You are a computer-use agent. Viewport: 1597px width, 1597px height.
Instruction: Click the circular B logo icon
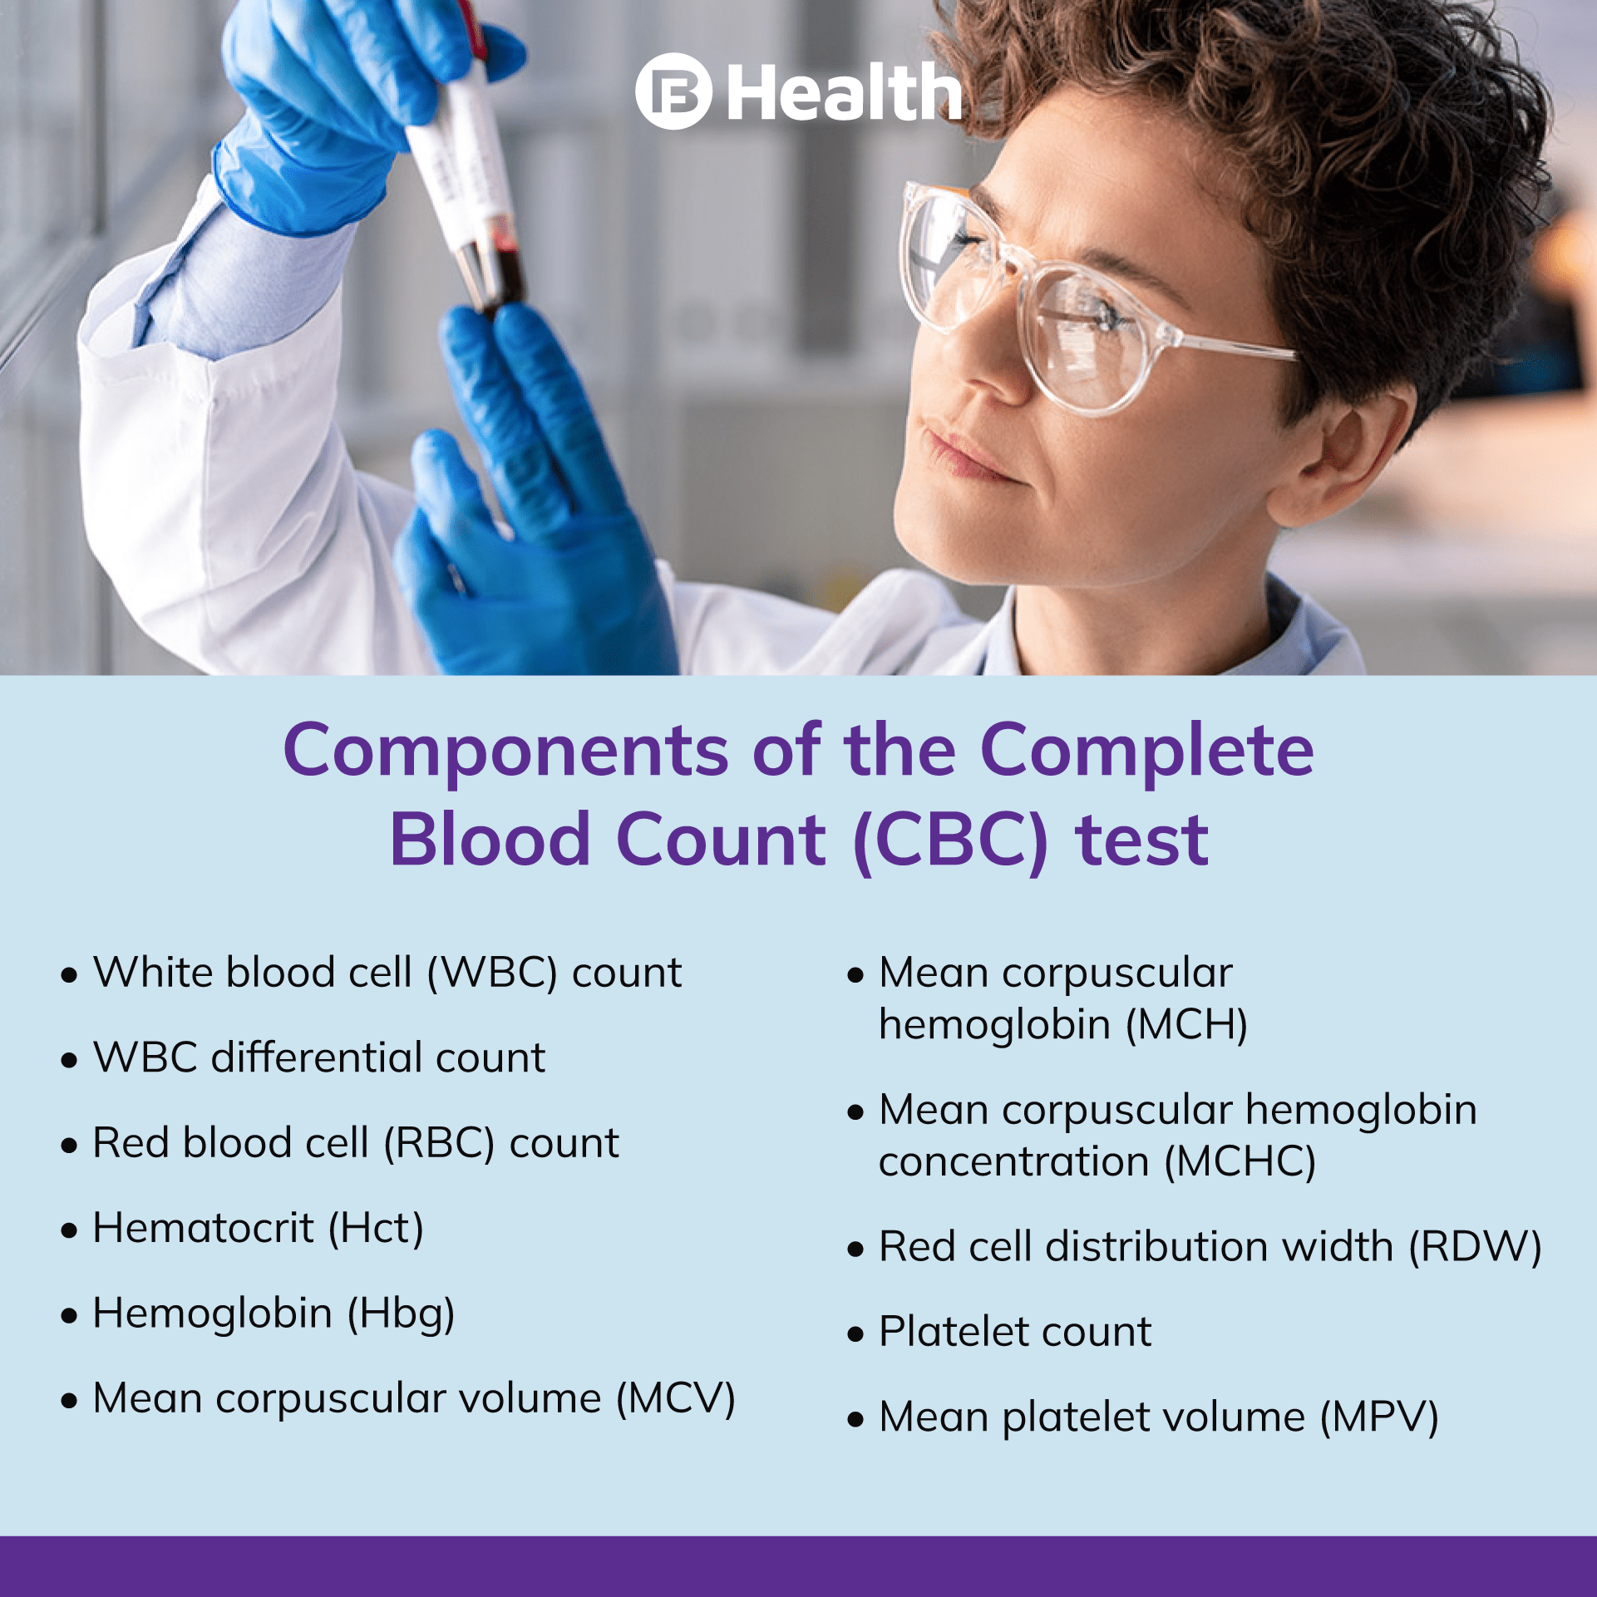coord(673,91)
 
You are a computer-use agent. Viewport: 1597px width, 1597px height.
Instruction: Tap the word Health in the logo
coord(844,93)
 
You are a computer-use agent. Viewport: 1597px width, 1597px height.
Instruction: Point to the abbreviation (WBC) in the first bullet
coord(491,973)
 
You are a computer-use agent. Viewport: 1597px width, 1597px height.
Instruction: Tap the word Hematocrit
coord(203,1228)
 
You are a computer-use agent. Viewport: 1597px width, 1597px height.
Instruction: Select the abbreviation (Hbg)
coord(401,1314)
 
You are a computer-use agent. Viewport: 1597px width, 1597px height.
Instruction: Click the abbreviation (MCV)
coord(675,1399)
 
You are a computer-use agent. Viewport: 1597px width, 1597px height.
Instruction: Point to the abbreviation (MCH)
coord(1186,1025)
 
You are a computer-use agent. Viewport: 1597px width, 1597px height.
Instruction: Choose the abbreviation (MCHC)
coord(1240,1162)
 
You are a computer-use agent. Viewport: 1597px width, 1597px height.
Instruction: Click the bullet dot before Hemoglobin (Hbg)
coord(69,1315)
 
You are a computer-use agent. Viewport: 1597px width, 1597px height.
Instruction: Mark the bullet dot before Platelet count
coord(855,1333)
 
